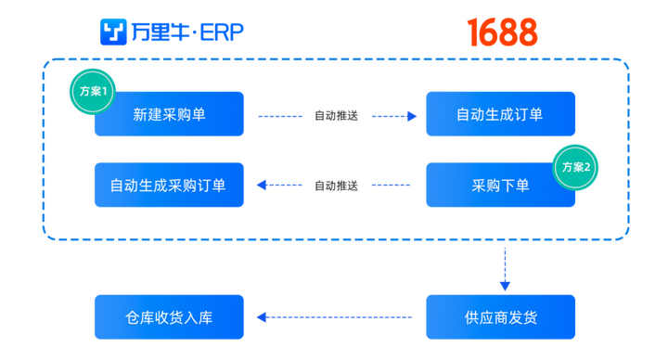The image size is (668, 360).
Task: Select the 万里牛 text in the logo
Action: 160,32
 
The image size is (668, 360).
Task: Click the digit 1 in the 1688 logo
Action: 473,32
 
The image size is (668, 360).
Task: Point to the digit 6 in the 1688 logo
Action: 492,32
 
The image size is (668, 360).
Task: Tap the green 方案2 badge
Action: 577,166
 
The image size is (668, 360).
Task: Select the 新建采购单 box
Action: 169,114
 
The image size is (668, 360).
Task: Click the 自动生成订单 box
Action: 501,114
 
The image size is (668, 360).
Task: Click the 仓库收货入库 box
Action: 169,317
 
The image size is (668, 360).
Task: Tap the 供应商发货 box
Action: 501,317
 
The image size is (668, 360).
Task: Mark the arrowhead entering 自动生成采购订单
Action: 261,186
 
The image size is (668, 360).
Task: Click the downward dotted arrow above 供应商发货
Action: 505,269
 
